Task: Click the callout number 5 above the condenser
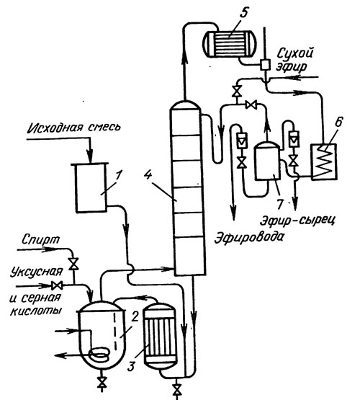tap(243, 12)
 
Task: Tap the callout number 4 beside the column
tap(148, 175)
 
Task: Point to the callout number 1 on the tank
tap(119, 175)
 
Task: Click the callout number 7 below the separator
tap(280, 204)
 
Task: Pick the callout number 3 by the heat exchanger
tap(131, 367)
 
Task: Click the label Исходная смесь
tap(74, 128)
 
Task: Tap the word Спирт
tap(41, 240)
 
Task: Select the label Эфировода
tap(249, 237)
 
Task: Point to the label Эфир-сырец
tap(297, 221)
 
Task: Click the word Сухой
tap(294, 53)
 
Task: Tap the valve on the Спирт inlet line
tap(74, 264)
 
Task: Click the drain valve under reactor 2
tap(102, 383)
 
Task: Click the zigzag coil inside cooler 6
tap(324, 161)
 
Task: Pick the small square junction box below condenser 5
tap(265, 65)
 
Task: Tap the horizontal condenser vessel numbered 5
tap(230, 43)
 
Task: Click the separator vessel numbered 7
tap(267, 161)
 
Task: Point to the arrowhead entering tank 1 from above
tap(90, 156)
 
